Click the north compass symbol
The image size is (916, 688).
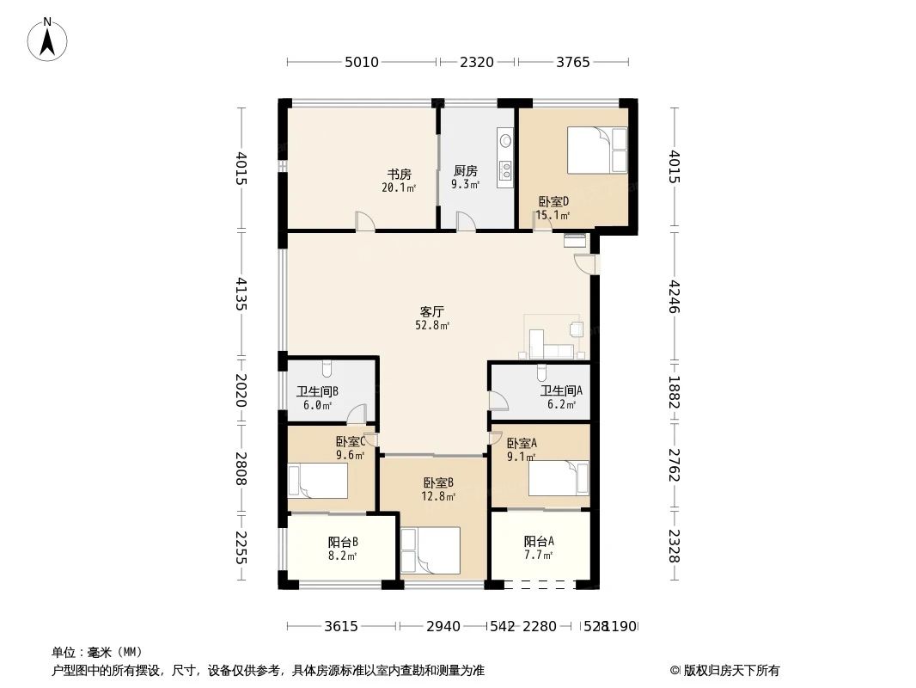49,39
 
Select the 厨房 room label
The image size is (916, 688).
465,170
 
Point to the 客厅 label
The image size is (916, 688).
432,311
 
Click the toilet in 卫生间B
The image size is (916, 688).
327,370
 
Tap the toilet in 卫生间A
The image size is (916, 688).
540,373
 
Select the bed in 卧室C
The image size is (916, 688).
318,481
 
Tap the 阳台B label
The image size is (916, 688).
343,542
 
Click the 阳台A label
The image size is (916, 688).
539,541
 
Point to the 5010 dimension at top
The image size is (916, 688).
362,62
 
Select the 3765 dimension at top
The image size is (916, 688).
573,62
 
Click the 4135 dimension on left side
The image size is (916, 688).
241,293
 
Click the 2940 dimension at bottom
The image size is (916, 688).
443,626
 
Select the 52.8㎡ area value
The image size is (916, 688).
432,326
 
